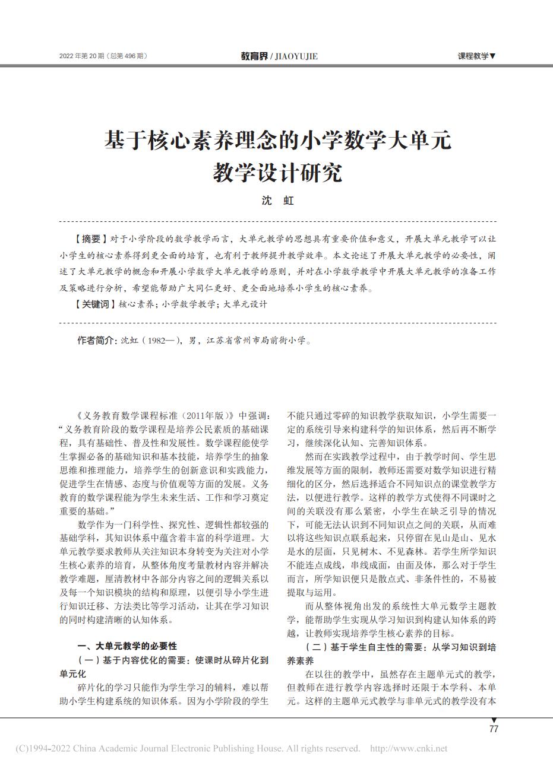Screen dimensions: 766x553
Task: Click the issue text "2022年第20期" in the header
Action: tap(82, 56)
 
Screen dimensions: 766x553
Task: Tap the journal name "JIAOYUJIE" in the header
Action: tap(296, 56)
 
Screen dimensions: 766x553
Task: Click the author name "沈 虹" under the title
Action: tap(277, 201)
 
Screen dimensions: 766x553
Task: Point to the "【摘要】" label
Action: tap(89, 239)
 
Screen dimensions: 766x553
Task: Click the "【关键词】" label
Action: tap(94, 304)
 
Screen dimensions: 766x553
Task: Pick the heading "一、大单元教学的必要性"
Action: tap(128, 646)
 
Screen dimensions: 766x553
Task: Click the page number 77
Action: tap(494, 729)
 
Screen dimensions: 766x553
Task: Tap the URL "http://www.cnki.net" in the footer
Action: tap(409, 749)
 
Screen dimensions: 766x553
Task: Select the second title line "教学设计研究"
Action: tap(277, 173)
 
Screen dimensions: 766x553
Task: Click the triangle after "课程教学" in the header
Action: tap(492, 56)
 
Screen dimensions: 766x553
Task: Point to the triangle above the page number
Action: tap(494, 721)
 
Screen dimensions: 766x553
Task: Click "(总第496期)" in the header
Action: tap(127, 56)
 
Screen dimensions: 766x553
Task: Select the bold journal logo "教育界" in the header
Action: tap(254, 56)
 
